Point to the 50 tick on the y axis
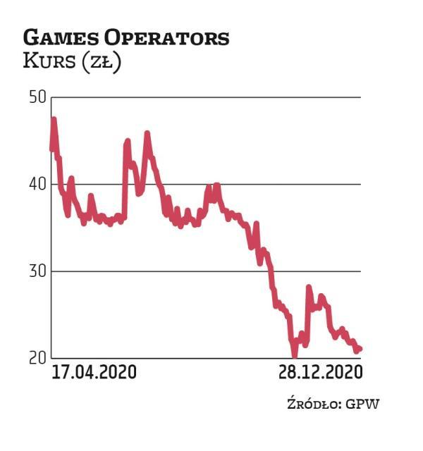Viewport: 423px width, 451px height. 37,97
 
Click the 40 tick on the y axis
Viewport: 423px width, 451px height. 37,185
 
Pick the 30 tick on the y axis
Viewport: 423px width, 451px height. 37,271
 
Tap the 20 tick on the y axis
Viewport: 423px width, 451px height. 37,358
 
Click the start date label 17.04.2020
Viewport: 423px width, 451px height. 94,371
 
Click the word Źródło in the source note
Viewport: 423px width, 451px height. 311,404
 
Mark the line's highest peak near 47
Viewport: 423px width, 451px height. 54,120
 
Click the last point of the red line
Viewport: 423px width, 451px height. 360,348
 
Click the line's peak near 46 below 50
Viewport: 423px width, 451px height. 147,133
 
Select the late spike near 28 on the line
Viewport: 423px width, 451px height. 308,288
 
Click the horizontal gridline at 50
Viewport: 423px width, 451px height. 211,97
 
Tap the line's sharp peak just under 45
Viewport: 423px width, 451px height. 128,141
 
